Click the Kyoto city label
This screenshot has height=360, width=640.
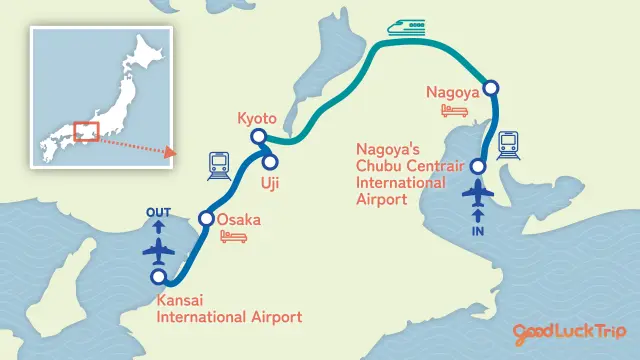pyautogui.click(x=257, y=118)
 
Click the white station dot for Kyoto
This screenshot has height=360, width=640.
pyautogui.click(x=258, y=137)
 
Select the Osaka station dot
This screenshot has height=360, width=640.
pyautogui.click(x=207, y=219)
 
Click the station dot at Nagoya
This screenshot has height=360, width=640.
pyautogui.click(x=490, y=88)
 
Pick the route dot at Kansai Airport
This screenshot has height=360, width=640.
pyautogui.click(x=157, y=277)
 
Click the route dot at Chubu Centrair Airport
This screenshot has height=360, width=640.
pyautogui.click(x=478, y=166)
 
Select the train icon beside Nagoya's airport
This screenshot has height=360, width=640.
pyautogui.click(x=509, y=146)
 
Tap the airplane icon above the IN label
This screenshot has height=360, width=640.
pyautogui.click(x=477, y=192)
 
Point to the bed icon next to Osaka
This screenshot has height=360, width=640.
pyautogui.click(x=233, y=237)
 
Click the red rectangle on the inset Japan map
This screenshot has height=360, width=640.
pyautogui.click(x=86, y=133)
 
